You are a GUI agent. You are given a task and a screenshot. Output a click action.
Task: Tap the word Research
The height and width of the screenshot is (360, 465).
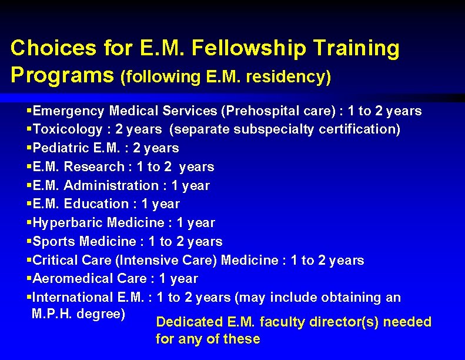pos(94,166)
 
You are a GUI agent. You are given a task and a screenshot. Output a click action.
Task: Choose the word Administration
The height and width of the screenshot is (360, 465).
pos(111,185)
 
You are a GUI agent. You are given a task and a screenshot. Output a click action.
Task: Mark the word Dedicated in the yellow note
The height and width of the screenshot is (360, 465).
pos(190,322)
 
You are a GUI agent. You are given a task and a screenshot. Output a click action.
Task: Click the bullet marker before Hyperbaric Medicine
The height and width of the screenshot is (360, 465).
pos(29,223)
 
